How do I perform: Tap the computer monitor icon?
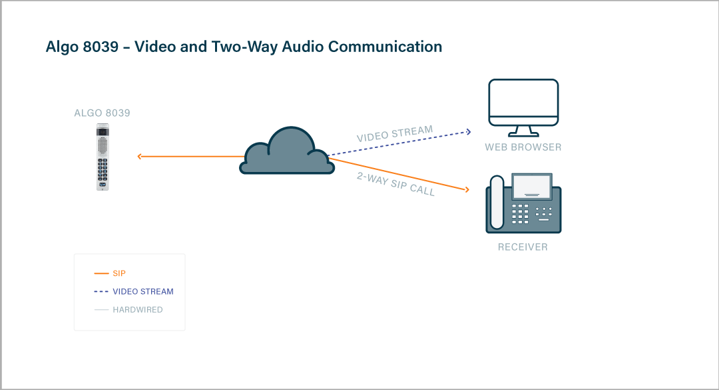[x=523, y=105]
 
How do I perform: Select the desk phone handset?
[x=497, y=203]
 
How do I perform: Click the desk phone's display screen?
[x=531, y=186]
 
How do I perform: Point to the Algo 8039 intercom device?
[x=103, y=157]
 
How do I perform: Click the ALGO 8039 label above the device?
[x=103, y=113]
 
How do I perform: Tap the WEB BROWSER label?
[x=523, y=147]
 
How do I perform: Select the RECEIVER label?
[x=523, y=247]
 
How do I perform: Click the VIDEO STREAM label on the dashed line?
[x=395, y=134]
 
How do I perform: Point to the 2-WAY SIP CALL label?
[x=395, y=183]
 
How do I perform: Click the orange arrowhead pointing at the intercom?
[x=140, y=157]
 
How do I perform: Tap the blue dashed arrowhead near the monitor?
[x=468, y=131]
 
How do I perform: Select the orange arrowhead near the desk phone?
[x=466, y=190]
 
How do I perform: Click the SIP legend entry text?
[x=119, y=273]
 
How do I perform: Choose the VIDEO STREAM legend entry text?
[x=143, y=291]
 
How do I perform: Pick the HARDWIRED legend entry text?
[x=138, y=310]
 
